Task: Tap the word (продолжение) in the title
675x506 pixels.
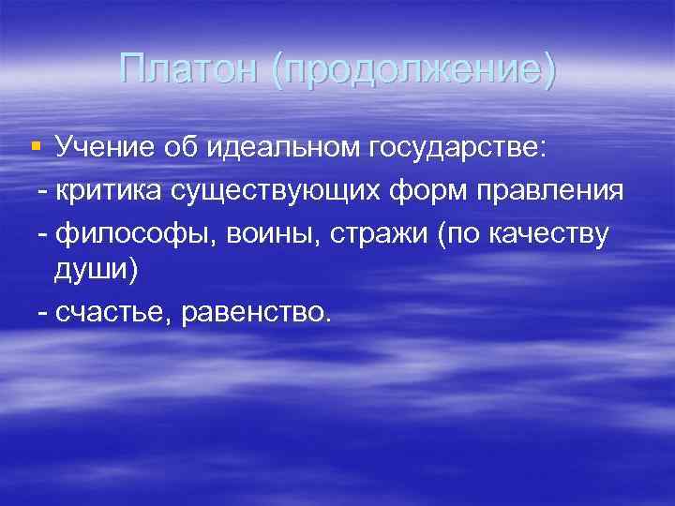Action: (413, 72)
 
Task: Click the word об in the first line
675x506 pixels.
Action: (179, 147)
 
